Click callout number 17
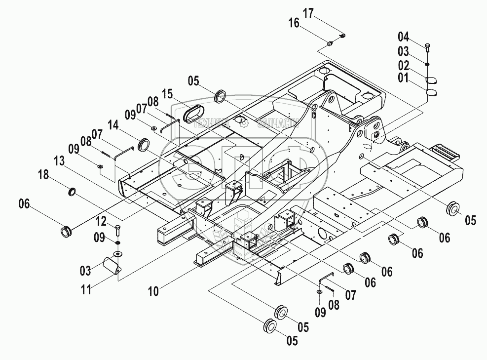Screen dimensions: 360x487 pyautogui.click(x=308, y=14)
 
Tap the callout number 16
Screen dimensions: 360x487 pyautogui.click(x=294, y=23)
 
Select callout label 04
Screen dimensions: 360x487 pyautogui.click(x=404, y=36)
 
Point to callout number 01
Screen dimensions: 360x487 pyautogui.click(x=404, y=78)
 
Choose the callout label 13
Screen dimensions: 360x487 pyautogui.click(x=59, y=161)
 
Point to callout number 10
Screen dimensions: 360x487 pyautogui.click(x=153, y=291)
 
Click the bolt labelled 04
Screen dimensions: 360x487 pyautogui.click(x=427, y=47)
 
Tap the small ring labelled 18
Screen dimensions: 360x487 pyautogui.click(x=72, y=191)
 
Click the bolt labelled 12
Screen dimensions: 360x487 pyautogui.click(x=117, y=230)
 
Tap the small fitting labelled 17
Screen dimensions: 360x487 pyautogui.click(x=343, y=35)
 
